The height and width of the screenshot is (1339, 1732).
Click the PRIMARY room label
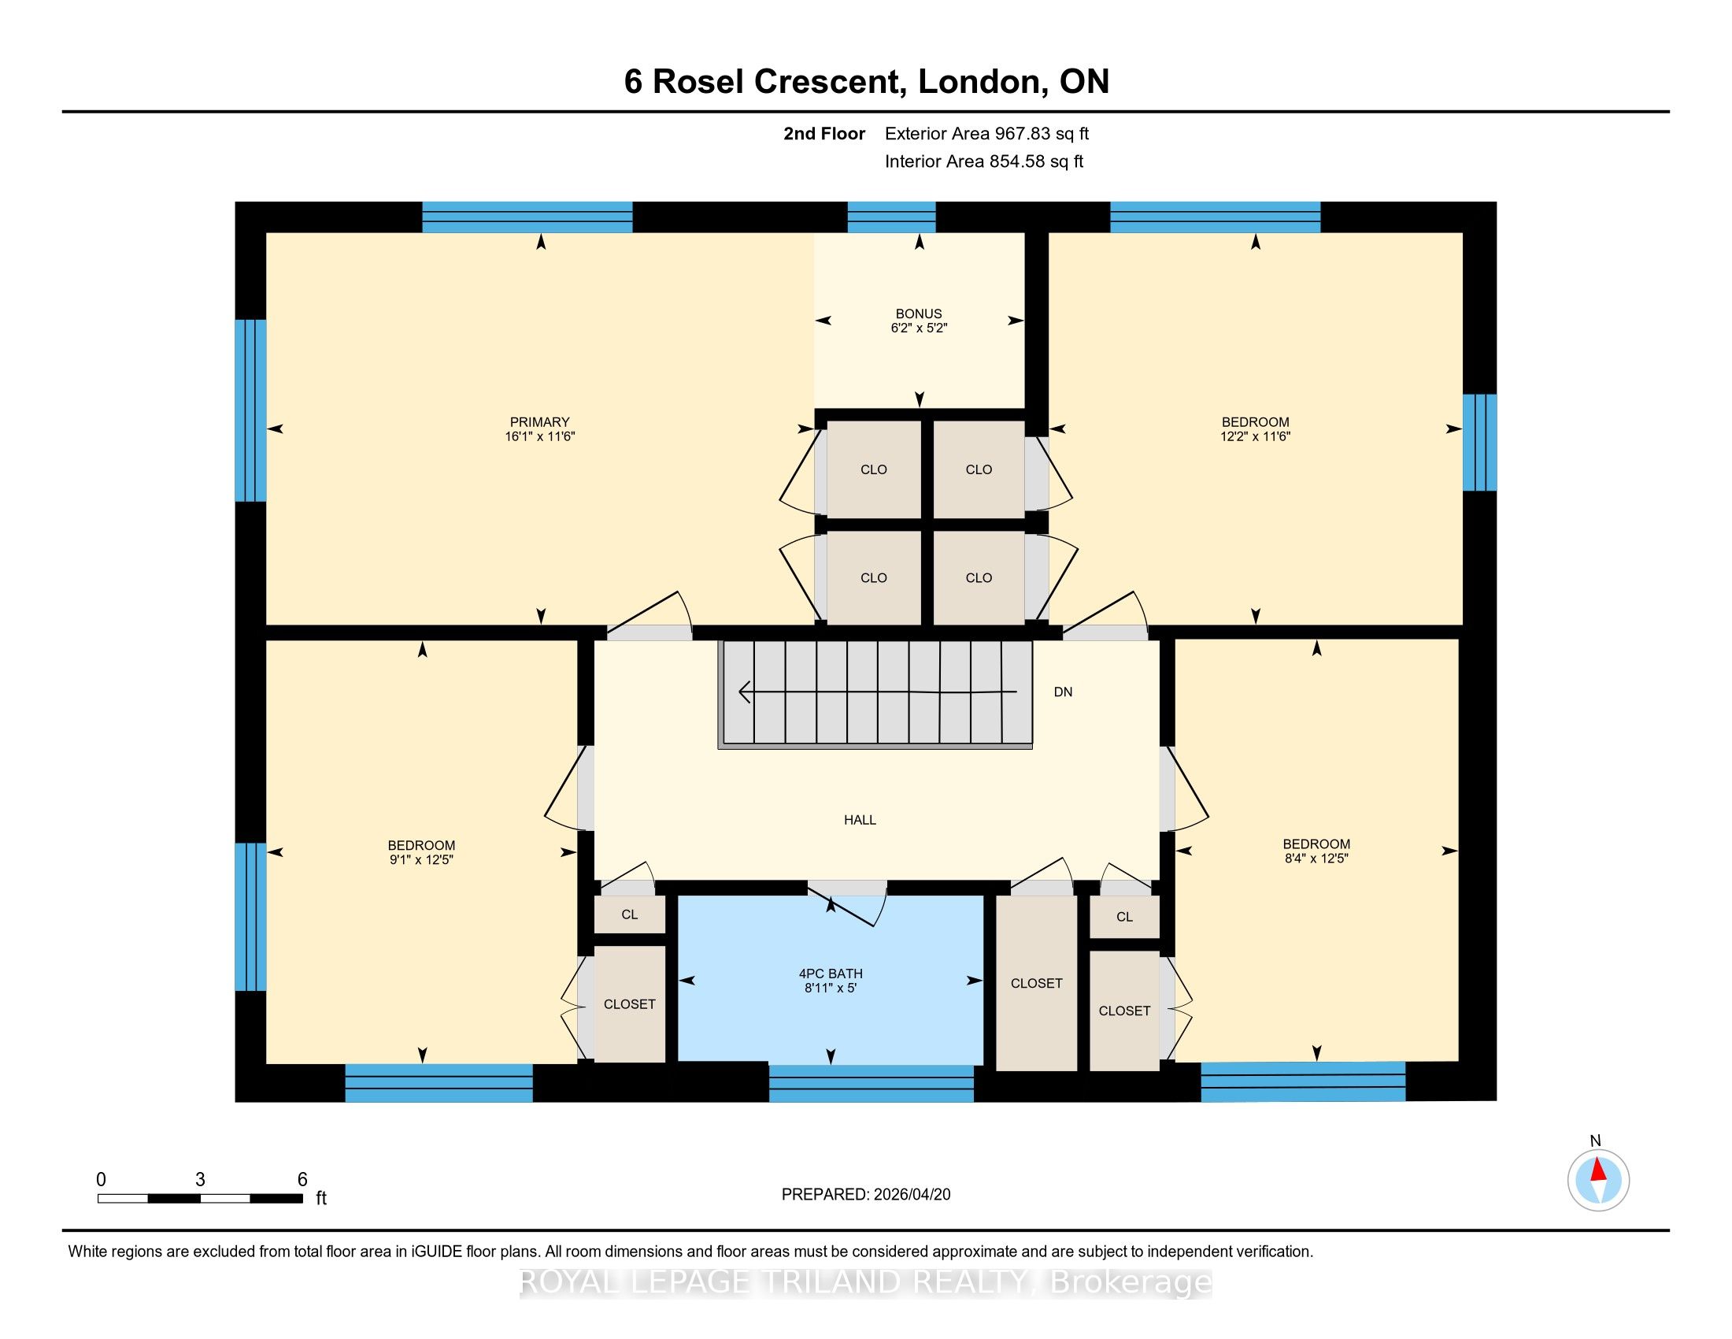[x=539, y=422]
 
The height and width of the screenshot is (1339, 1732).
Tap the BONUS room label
[x=918, y=313]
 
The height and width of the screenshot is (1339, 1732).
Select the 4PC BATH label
[x=831, y=974]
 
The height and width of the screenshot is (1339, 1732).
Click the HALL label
[x=860, y=819]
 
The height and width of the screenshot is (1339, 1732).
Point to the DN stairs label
[x=1063, y=692]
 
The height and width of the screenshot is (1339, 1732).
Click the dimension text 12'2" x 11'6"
[x=1256, y=436]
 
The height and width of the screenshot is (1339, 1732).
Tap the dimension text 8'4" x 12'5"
[x=1316, y=859]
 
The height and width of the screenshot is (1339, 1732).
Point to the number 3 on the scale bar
[x=200, y=1180]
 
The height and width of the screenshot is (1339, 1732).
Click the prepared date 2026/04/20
[x=910, y=1195]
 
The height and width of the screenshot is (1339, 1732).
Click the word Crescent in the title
[x=829, y=82]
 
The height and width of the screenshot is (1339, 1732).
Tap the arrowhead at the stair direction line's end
[x=745, y=692]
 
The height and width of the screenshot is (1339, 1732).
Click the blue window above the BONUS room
[x=891, y=217]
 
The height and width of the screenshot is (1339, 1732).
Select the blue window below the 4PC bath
[x=871, y=1084]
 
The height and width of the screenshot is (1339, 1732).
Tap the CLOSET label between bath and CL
[x=1036, y=984]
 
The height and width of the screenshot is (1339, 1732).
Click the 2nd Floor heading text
[x=824, y=134]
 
